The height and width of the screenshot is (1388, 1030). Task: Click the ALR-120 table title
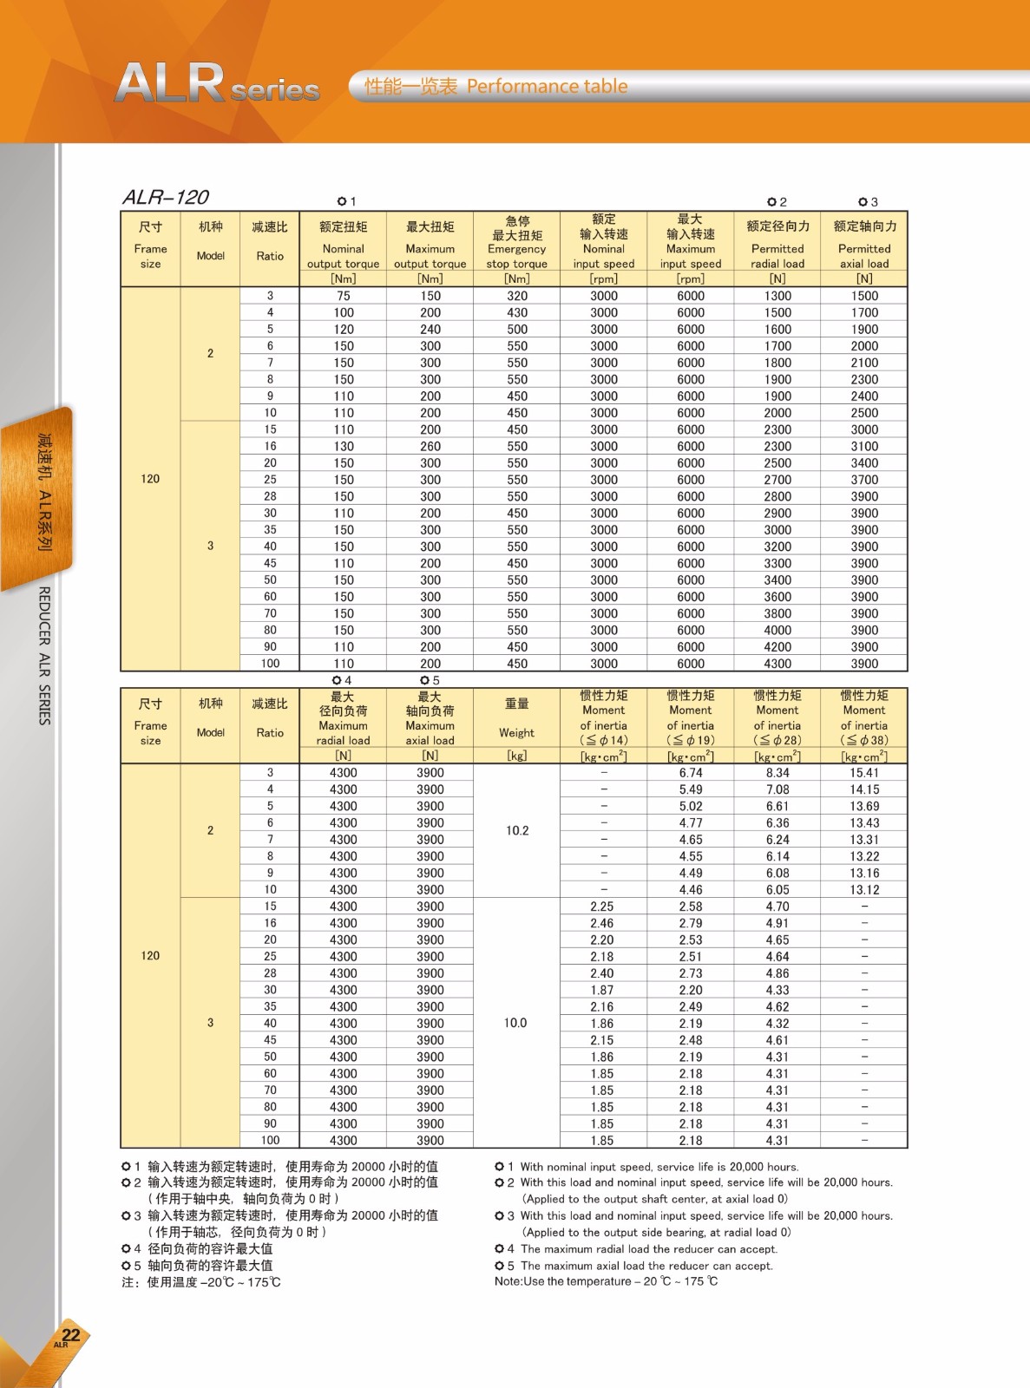point(166,198)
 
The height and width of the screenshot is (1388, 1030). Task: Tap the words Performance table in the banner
point(547,87)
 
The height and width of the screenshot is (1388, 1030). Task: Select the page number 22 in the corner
point(70,1335)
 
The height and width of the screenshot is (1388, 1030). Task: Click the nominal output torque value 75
point(344,296)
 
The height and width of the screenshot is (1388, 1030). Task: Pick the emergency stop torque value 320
point(517,296)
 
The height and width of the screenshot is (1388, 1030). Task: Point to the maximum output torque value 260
point(430,446)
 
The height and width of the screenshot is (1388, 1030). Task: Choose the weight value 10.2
point(517,830)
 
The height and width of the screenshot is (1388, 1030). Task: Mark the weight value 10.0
point(515,1023)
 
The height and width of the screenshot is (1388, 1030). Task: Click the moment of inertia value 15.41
point(864,773)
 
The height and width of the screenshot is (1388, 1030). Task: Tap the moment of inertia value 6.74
point(691,773)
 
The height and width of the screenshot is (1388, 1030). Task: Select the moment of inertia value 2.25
point(602,907)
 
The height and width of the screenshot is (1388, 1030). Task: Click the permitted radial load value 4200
point(777,646)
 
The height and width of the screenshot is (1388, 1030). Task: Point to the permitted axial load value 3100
point(864,446)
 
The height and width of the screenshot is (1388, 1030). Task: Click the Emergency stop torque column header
point(517,249)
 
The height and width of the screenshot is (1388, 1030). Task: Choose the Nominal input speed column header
point(604,249)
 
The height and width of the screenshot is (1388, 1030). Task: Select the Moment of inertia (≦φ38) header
point(864,717)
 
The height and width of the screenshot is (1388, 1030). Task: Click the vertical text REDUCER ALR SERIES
point(44,655)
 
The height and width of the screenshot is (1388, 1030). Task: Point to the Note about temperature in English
point(606,1281)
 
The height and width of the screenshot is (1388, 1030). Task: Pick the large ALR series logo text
point(217,84)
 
